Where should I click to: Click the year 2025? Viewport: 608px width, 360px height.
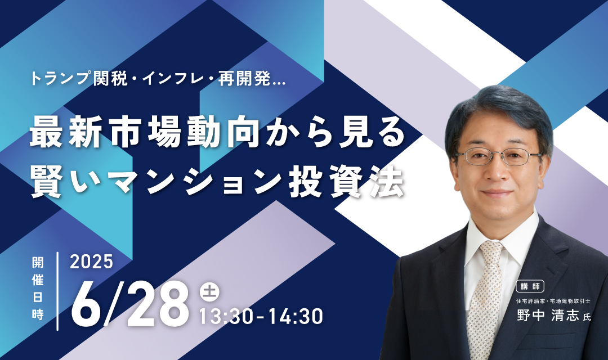[x=92, y=262]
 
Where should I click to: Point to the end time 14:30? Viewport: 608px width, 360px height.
[x=296, y=316]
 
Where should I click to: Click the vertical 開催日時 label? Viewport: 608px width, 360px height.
[x=38, y=289]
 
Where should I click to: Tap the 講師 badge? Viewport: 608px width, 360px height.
[x=530, y=286]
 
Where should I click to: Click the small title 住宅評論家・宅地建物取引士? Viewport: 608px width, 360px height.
[x=553, y=301]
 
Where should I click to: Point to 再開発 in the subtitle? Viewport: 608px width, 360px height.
[x=244, y=79]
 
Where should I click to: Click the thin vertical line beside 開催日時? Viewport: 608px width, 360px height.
[x=58, y=291]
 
